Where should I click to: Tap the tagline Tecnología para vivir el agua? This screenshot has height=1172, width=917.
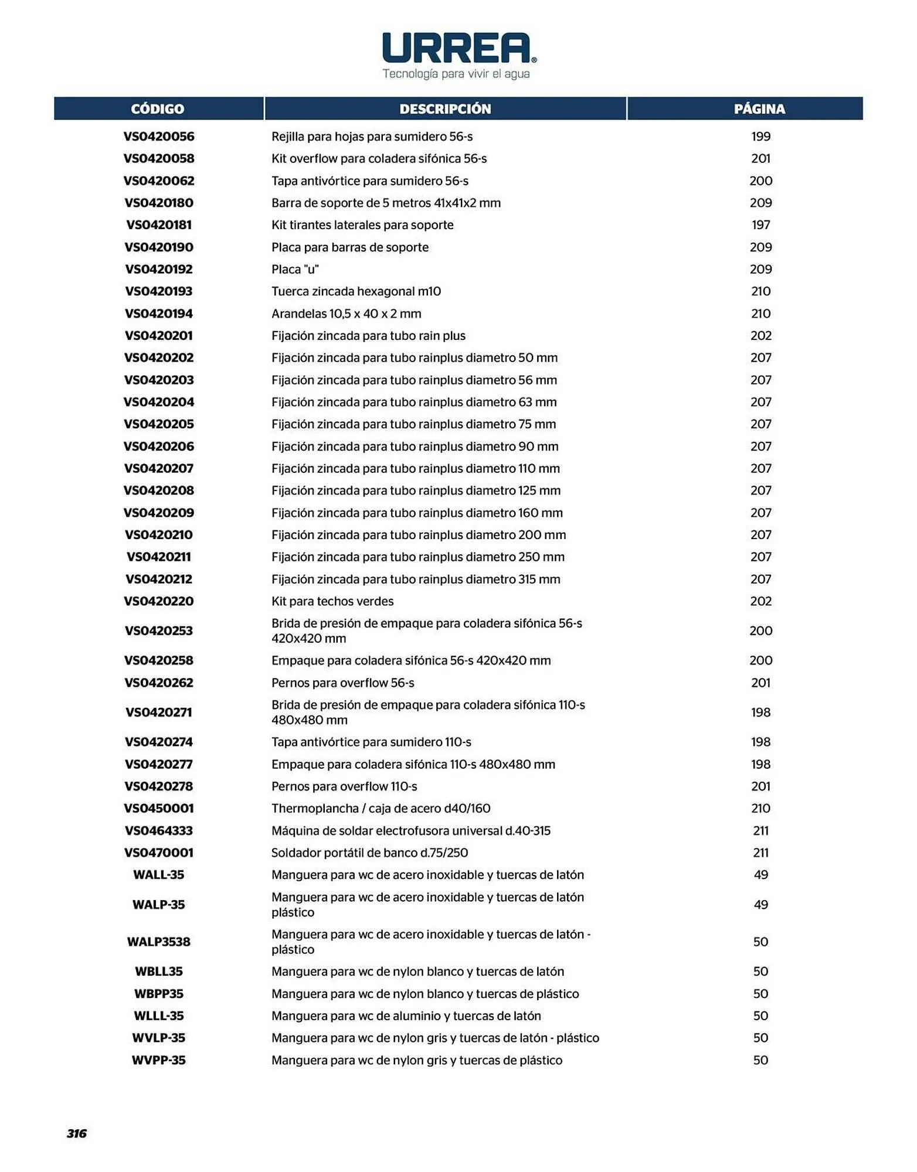(x=456, y=74)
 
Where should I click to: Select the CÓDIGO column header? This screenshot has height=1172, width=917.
(x=158, y=109)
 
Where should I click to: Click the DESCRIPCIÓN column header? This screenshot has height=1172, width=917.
(x=445, y=109)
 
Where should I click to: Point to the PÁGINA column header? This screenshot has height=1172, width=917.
(x=759, y=109)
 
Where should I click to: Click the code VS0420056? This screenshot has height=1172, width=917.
(x=159, y=137)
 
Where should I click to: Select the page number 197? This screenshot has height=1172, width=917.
(x=760, y=225)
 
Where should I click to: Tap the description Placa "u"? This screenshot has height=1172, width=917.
(x=295, y=270)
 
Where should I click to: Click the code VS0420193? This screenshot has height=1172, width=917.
(x=159, y=291)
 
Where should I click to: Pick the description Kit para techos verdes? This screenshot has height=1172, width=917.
(x=332, y=601)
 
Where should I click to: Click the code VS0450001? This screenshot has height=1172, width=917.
(x=159, y=809)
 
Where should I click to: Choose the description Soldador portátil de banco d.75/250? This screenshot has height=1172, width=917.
(x=369, y=853)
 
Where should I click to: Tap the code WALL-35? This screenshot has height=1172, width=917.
(x=159, y=875)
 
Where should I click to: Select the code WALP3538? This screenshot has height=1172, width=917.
(x=159, y=942)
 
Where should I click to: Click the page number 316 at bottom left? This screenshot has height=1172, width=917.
(x=77, y=1133)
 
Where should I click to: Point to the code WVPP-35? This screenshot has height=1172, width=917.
(x=159, y=1060)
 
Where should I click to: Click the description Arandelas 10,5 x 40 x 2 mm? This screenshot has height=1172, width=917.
(x=346, y=314)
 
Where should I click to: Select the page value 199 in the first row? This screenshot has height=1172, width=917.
(x=760, y=137)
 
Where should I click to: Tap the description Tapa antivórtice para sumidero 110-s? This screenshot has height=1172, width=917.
(x=371, y=742)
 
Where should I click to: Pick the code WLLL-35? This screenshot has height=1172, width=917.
(x=159, y=1016)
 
